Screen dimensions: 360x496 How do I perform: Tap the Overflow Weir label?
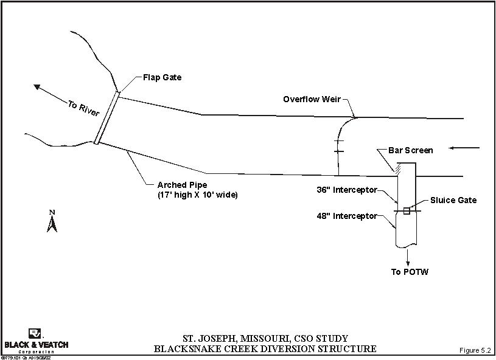[312, 99]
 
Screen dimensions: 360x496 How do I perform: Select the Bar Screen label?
[410, 151]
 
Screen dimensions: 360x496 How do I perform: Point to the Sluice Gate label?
[453, 200]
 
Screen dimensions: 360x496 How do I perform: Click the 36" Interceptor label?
[347, 190]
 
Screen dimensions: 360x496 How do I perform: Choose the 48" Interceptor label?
[347, 216]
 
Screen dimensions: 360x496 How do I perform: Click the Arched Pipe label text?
[182, 185]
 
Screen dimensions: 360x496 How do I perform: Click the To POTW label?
[410, 272]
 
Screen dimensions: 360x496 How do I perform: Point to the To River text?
[84, 109]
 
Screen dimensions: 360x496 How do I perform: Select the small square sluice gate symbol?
[407, 211]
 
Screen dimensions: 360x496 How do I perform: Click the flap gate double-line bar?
[107, 118]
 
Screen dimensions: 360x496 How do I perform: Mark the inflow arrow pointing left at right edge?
[466, 148]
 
